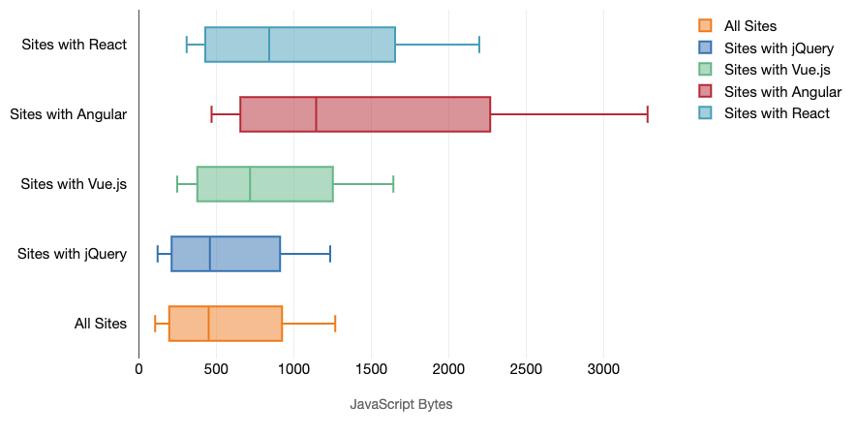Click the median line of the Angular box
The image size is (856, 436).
coord(317,114)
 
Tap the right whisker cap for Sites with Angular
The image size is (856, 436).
coord(647,114)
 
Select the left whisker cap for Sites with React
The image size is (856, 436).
coord(187,45)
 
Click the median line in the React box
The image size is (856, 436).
coord(269,45)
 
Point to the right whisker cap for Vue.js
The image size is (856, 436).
coord(393,184)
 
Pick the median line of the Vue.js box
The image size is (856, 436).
coord(250,184)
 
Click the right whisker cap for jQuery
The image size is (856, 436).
coord(330,254)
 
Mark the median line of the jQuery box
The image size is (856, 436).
coord(210,254)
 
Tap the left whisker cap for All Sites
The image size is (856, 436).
coord(155,324)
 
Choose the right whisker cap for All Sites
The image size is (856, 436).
coord(335,324)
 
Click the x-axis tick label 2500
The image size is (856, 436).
coord(525,369)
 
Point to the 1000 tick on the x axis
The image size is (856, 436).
coord(293,369)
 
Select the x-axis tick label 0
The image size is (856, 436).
coord(138,369)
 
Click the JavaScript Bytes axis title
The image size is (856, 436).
coord(401,404)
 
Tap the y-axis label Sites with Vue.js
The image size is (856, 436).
coord(74,184)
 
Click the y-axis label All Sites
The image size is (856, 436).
coord(101,324)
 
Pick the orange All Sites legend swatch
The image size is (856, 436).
coord(705,26)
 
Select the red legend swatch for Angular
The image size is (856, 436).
coord(705,92)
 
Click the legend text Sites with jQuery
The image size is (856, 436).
coord(779,47)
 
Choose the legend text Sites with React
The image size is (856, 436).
coord(777,113)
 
